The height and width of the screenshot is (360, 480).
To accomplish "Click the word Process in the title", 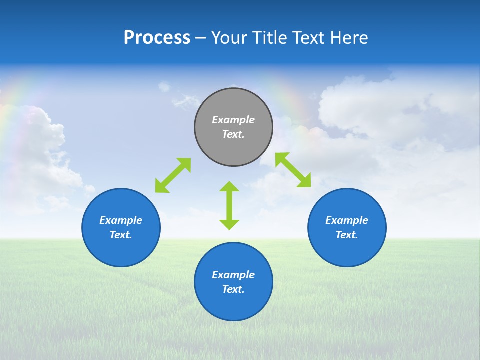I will tap(157, 38).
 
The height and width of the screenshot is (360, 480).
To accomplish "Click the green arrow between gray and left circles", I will tap(173, 175).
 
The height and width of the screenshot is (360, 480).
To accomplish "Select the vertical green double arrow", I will tap(229, 205).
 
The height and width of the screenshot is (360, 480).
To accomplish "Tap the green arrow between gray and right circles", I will tap(293, 170).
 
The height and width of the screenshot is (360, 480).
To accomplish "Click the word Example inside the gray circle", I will tap(233, 120).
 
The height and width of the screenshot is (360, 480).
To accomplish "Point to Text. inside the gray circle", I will tap(233, 134).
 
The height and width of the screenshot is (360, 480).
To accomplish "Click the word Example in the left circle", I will tap(121, 220).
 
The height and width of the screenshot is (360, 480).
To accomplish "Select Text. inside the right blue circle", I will tap(347, 235).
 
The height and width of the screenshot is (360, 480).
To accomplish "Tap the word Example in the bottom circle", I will tap(233, 275).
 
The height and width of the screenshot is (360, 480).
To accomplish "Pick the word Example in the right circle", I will tap(347, 220).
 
